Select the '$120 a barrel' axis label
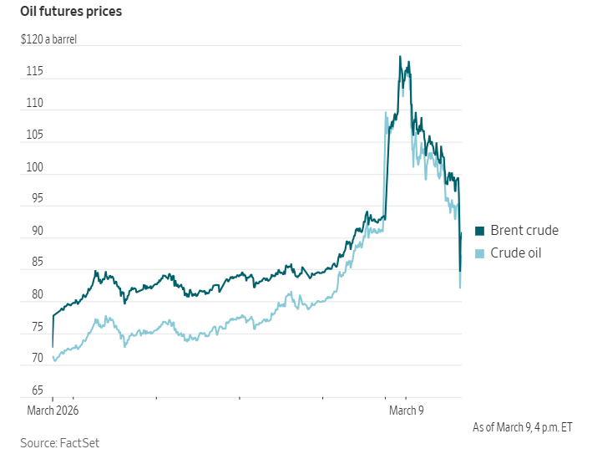coord(48,38)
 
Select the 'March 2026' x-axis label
coord(52,411)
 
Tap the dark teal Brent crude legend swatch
coord(479,231)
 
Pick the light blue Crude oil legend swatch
coord(479,253)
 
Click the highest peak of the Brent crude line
coord(400,57)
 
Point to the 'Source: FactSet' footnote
coord(60,442)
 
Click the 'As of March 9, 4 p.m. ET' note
coord(523,427)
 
